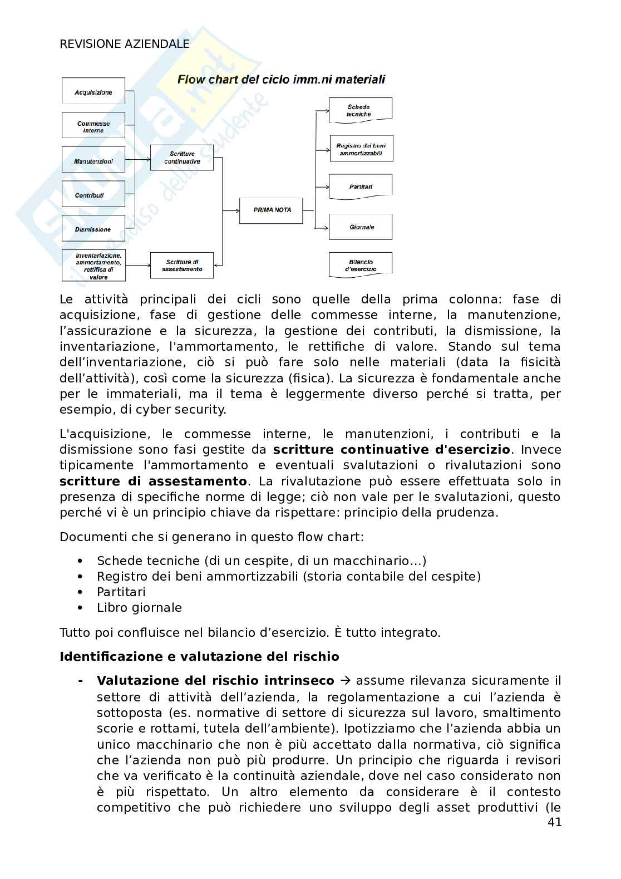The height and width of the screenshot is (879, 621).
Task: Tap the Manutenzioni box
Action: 93,161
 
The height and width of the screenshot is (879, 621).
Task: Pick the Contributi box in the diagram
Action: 93,195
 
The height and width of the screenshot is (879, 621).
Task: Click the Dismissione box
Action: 93,229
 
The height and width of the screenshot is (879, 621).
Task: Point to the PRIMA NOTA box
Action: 272,210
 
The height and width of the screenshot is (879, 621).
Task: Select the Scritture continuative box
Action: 182,158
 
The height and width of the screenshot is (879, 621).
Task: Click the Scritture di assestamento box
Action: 182,265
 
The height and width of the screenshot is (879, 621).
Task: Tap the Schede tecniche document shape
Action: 360,110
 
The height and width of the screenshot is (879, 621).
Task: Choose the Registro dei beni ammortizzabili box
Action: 361,149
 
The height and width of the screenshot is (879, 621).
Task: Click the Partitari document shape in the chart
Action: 361,186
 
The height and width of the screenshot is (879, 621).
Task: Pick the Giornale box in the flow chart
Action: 361,227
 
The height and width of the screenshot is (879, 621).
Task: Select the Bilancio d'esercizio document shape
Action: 361,264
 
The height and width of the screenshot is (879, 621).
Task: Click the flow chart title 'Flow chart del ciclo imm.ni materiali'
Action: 281,80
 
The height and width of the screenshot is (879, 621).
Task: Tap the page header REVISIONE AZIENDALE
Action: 125,44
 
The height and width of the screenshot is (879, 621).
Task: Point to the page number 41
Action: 554,822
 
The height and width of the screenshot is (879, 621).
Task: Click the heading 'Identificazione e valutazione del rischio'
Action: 199,657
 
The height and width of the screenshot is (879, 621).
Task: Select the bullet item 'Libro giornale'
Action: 139,608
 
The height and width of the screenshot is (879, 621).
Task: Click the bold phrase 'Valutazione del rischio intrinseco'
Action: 215,681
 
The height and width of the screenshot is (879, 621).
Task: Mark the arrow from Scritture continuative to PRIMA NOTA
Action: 230,210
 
